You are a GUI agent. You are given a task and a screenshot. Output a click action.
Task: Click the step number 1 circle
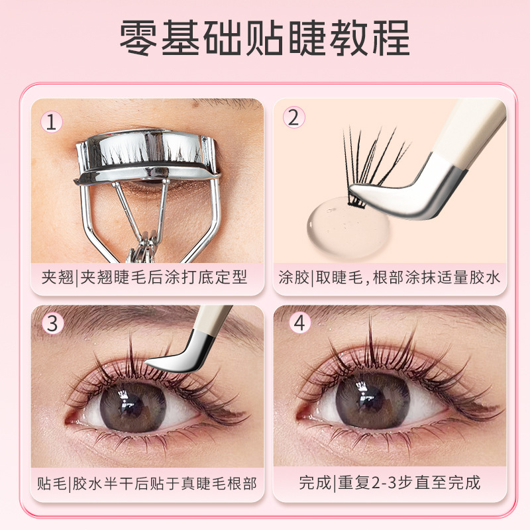52,122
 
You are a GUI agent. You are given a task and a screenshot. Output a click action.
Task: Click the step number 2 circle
293,117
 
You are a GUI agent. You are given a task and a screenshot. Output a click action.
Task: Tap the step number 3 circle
52,323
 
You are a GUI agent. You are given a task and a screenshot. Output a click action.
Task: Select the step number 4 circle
300,322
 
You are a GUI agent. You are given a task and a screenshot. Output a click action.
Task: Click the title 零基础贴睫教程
265,38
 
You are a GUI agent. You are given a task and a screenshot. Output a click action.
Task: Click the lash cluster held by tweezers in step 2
372,166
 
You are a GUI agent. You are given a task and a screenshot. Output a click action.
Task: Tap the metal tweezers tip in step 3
176,358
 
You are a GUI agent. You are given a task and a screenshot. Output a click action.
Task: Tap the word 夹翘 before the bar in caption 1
58,278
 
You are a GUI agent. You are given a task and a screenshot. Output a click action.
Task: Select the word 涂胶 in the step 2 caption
293,278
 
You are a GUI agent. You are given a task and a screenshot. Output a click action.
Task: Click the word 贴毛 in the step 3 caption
52,484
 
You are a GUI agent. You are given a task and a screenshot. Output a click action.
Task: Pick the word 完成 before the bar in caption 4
315,482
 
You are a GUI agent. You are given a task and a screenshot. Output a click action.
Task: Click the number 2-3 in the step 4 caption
384,483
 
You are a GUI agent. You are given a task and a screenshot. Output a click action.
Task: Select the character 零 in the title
138,38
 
